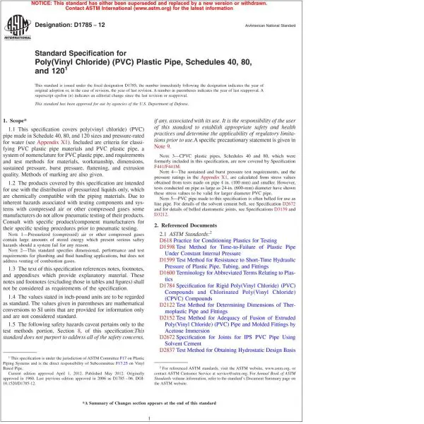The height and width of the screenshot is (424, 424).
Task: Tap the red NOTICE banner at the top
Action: tap(212, 8)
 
